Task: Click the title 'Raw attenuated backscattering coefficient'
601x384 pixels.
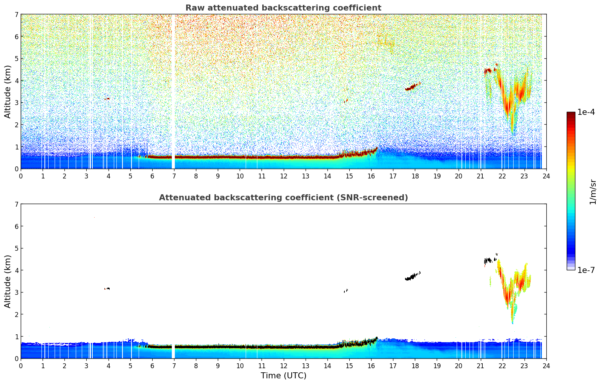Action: point(283,8)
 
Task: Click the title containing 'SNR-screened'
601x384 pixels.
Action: point(283,198)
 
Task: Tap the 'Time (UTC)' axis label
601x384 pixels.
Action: point(283,376)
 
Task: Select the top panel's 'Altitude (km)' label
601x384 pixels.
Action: point(8,91)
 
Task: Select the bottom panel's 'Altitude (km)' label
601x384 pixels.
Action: point(8,281)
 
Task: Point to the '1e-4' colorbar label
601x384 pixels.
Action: point(586,112)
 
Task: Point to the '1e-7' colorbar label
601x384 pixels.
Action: point(586,270)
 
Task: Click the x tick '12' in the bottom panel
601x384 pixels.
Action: point(283,366)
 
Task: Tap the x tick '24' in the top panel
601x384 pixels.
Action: point(546,176)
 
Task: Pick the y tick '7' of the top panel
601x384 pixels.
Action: point(16,15)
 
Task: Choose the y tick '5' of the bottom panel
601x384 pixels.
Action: point(16,248)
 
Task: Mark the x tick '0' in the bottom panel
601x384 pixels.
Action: point(21,366)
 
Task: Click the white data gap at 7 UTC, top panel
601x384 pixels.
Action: point(173,90)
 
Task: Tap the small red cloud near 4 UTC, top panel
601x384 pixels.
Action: point(108,99)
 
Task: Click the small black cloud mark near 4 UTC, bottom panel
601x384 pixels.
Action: point(107,289)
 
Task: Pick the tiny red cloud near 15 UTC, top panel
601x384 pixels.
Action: point(346,101)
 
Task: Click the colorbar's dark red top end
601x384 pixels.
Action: point(571,114)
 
